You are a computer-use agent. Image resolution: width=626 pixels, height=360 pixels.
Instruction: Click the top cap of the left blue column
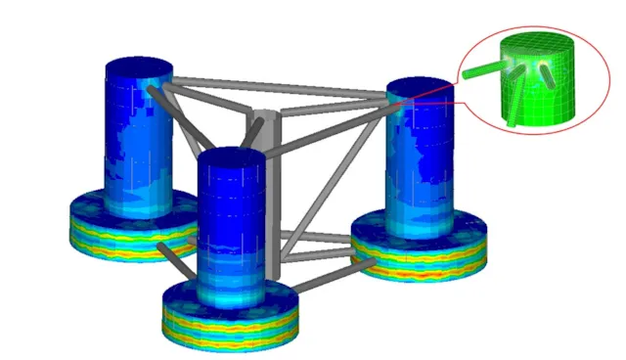tap(139, 69)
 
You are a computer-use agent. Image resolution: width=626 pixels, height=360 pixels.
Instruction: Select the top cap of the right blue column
tap(423, 92)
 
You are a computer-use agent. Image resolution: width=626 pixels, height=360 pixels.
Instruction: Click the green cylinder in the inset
tap(536, 88)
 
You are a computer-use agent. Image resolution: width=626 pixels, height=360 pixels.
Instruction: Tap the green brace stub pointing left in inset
tap(480, 70)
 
